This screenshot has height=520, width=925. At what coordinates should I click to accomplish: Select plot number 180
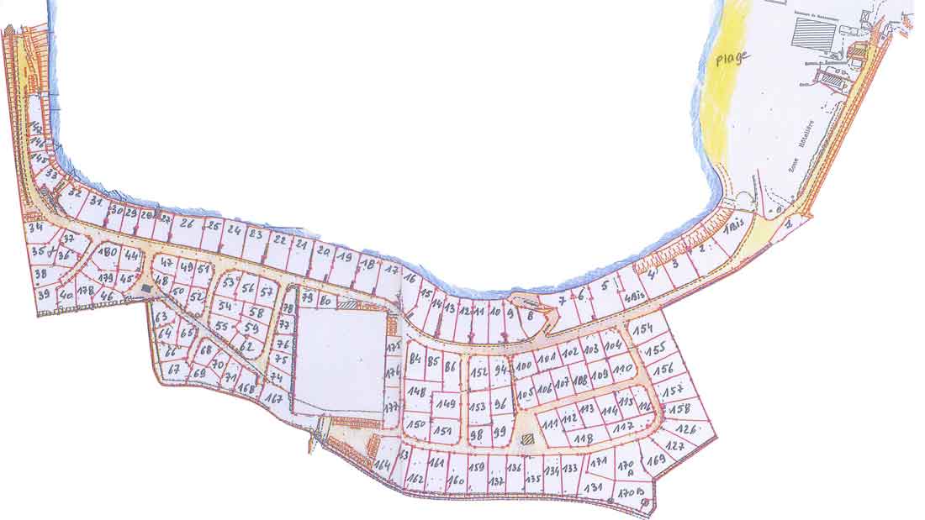point(108,252)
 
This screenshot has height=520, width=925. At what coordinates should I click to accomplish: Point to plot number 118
point(582,438)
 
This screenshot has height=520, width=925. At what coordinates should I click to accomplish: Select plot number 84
point(414,360)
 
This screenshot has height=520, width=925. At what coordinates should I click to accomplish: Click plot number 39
point(44,293)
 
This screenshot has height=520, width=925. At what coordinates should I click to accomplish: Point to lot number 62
point(246,345)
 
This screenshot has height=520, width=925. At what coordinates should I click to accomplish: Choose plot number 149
point(447,404)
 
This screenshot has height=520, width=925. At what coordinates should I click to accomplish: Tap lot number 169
point(657,460)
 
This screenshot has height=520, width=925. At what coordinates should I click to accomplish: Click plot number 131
point(593,487)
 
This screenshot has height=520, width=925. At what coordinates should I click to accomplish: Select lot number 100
point(525,365)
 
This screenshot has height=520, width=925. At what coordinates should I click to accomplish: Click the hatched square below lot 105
point(527,439)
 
